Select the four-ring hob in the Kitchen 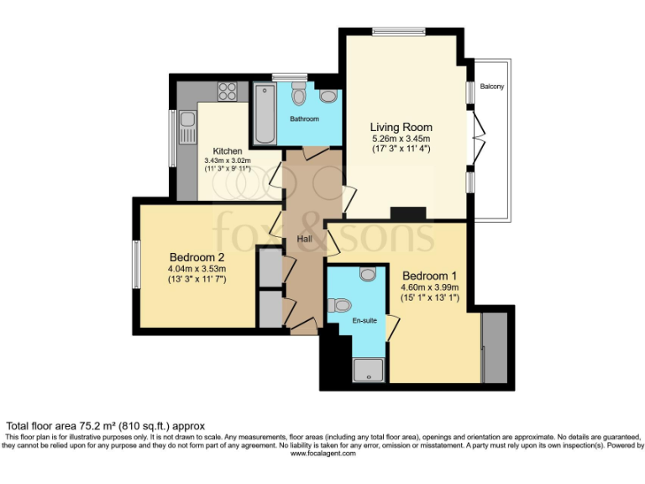pos(227,91)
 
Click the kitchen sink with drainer pos(186,130)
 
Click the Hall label pos(304,239)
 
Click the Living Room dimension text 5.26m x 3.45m pos(401,139)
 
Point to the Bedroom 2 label pos(196,257)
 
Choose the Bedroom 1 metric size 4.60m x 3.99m pos(429,287)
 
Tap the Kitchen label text pos(227,151)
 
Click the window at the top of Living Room pos(399,33)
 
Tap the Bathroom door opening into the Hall pos(305,152)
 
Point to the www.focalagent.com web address pos(322,454)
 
